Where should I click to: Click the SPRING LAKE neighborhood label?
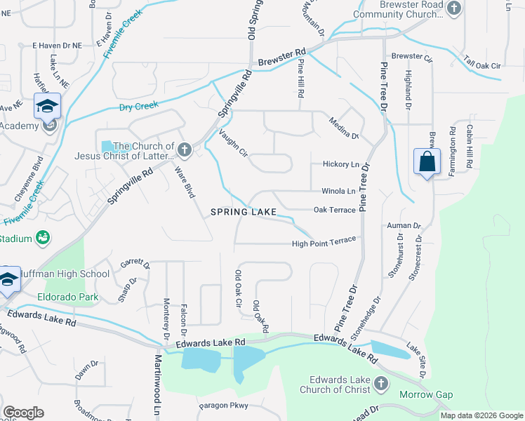(243, 211)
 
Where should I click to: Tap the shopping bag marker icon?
(427, 162)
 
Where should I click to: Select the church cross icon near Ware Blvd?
(185, 149)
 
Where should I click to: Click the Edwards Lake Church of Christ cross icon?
(380, 384)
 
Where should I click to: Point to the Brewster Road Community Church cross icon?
(454, 8)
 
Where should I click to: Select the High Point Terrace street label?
(324, 243)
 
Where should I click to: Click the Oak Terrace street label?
(334, 210)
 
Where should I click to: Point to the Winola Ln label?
(338, 191)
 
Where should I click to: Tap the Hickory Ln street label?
(340, 164)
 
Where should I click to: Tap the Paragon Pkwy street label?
(224, 405)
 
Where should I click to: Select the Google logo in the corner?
(23, 413)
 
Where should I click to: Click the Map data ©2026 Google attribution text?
(481, 415)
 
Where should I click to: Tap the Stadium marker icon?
(44, 238)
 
